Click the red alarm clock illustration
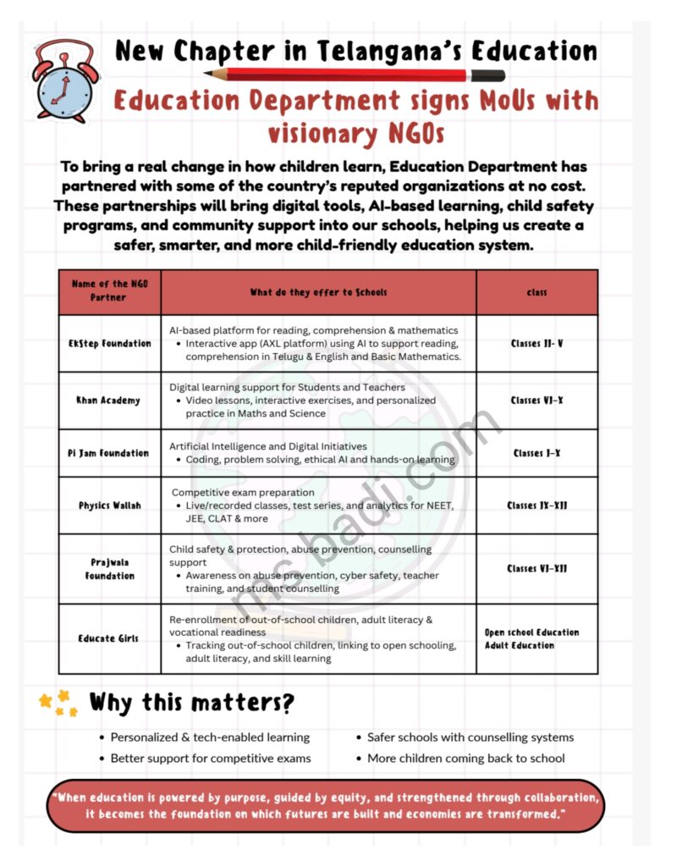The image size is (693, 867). click(x=67, y=80)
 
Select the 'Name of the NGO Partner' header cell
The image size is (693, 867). click(x=108, y=291)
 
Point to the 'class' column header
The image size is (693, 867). click(x=536, y=292)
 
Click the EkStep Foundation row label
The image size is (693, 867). click(x=110, y=344)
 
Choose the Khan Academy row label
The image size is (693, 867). click(x=108, y=400)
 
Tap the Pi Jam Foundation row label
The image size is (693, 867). click(x=108, y=453)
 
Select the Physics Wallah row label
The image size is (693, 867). click(x=110, y=505)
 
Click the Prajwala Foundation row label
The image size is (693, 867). click(x=110, y=569)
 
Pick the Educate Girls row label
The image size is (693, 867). click(x=108, y=638)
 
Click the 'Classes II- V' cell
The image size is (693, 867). click(x=537, y=344)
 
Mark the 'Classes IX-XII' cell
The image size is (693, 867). click(x=537, y=505)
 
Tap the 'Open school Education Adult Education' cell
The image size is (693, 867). click(x=532, y=638)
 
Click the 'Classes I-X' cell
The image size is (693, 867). click(x=537, y=453)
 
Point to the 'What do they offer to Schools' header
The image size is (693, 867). click(x=318, y=292)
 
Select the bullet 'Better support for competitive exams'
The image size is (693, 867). click(x=211, y=759)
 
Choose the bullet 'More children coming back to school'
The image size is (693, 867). click(x=466, y=759)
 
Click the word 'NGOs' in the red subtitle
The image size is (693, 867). click(x=398, y=134)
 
